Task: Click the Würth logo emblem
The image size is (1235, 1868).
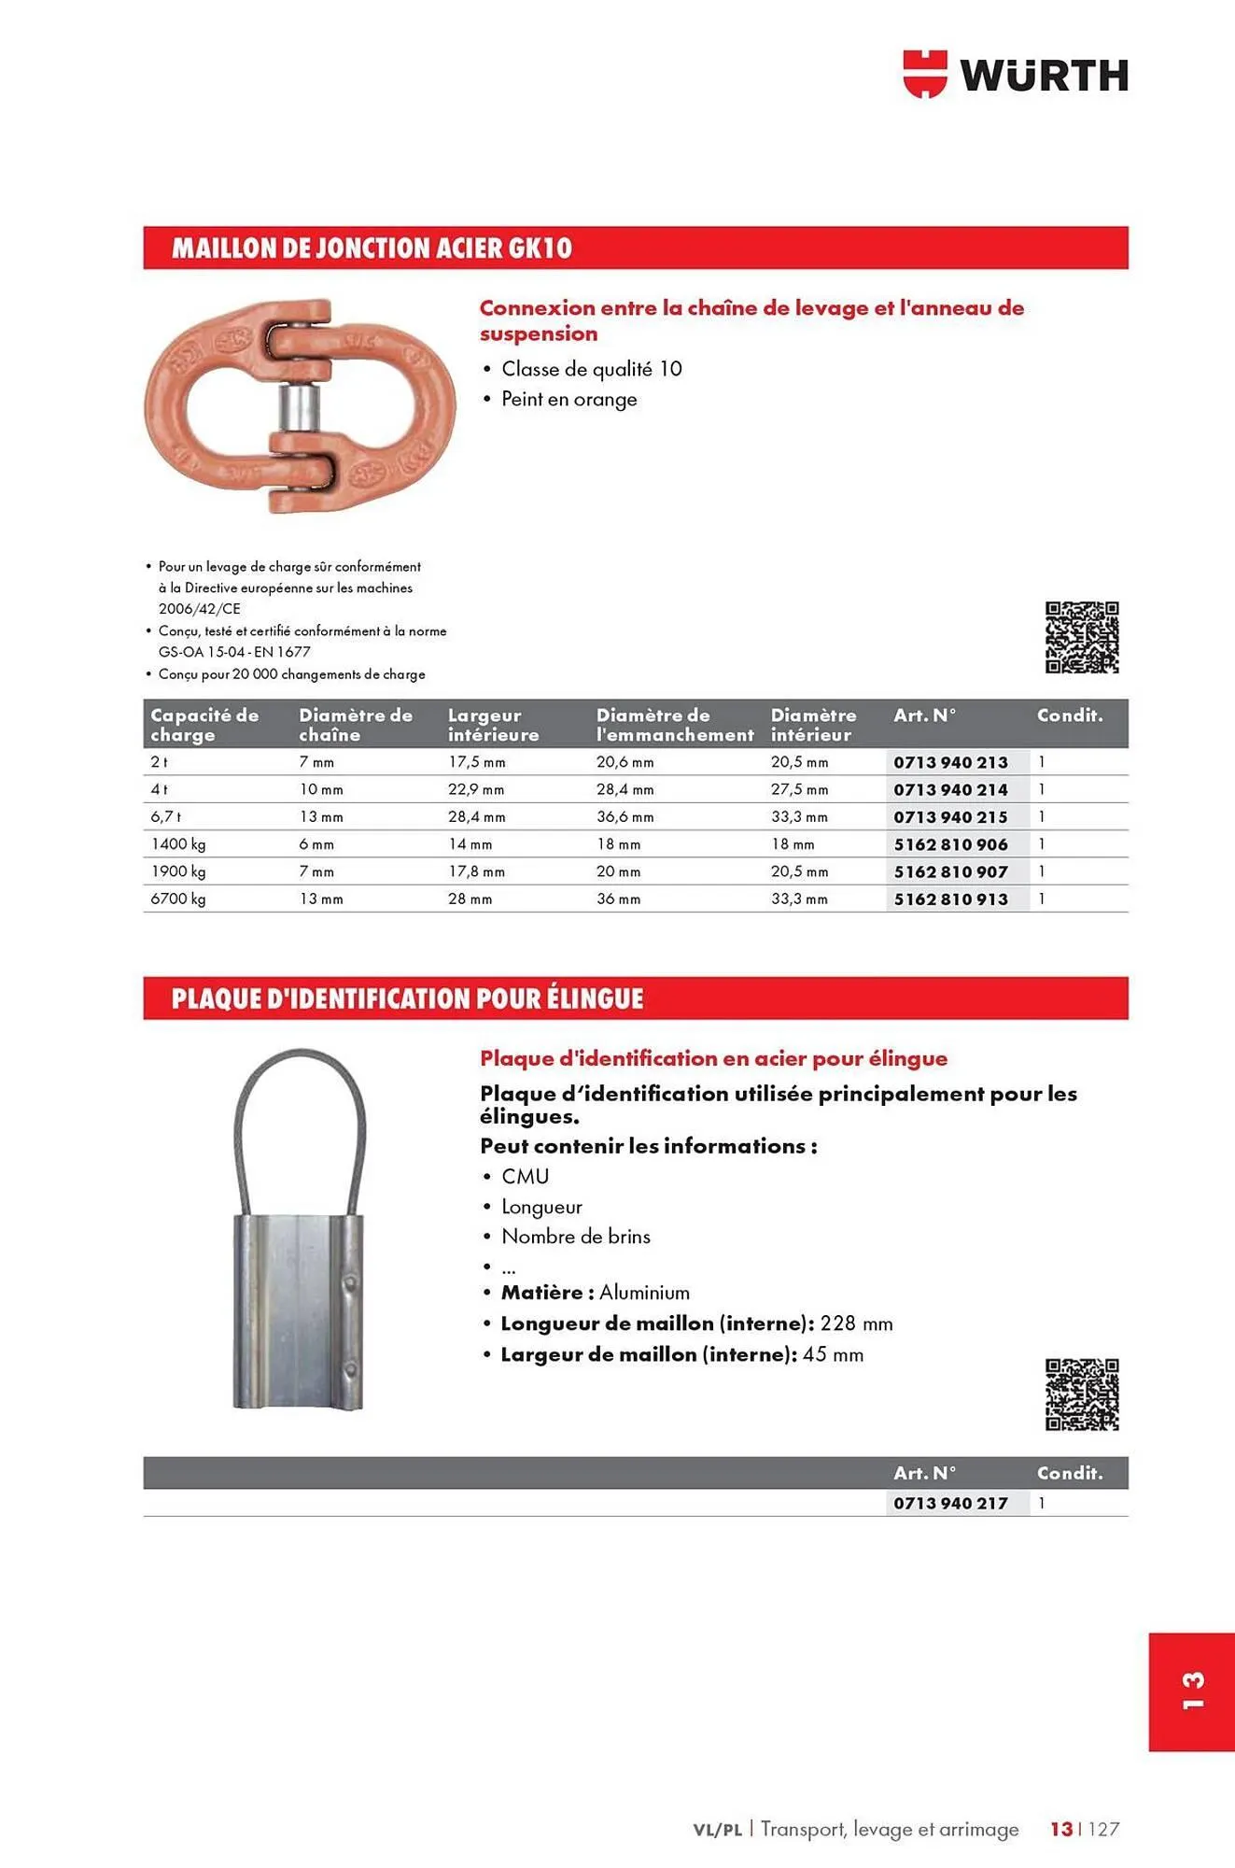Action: tap(924, 75)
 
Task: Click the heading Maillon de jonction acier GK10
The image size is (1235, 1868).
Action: tap(371, 248)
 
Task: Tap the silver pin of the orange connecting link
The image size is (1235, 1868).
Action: tap(301, 406)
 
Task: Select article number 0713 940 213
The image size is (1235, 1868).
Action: tap(950, 762)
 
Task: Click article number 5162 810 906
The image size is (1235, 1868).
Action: tap(950, 844)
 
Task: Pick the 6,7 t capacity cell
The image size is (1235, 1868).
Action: tap(166, 817)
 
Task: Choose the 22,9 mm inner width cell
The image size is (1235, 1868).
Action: tap(476, 790)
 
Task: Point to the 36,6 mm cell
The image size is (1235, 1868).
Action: tap(625, 817)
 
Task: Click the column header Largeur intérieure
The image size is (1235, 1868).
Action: tap(493, 725)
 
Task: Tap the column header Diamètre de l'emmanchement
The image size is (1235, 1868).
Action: tap(674, 725)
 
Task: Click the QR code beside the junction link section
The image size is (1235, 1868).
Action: tap(1081, 638)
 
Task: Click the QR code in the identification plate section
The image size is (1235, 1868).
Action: tap(1081, 1394)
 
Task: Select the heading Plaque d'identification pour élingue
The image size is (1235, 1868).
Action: tap(407, 999)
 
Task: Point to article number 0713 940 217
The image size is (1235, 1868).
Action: tap(950, 1503)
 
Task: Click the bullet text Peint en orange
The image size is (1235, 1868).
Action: tap(568, 400)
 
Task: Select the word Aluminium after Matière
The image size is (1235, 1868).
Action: tap(644, 1293)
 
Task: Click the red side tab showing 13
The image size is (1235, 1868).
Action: tap(1192, 1691)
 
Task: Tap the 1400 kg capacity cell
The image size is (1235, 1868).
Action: tap(178, 844)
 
